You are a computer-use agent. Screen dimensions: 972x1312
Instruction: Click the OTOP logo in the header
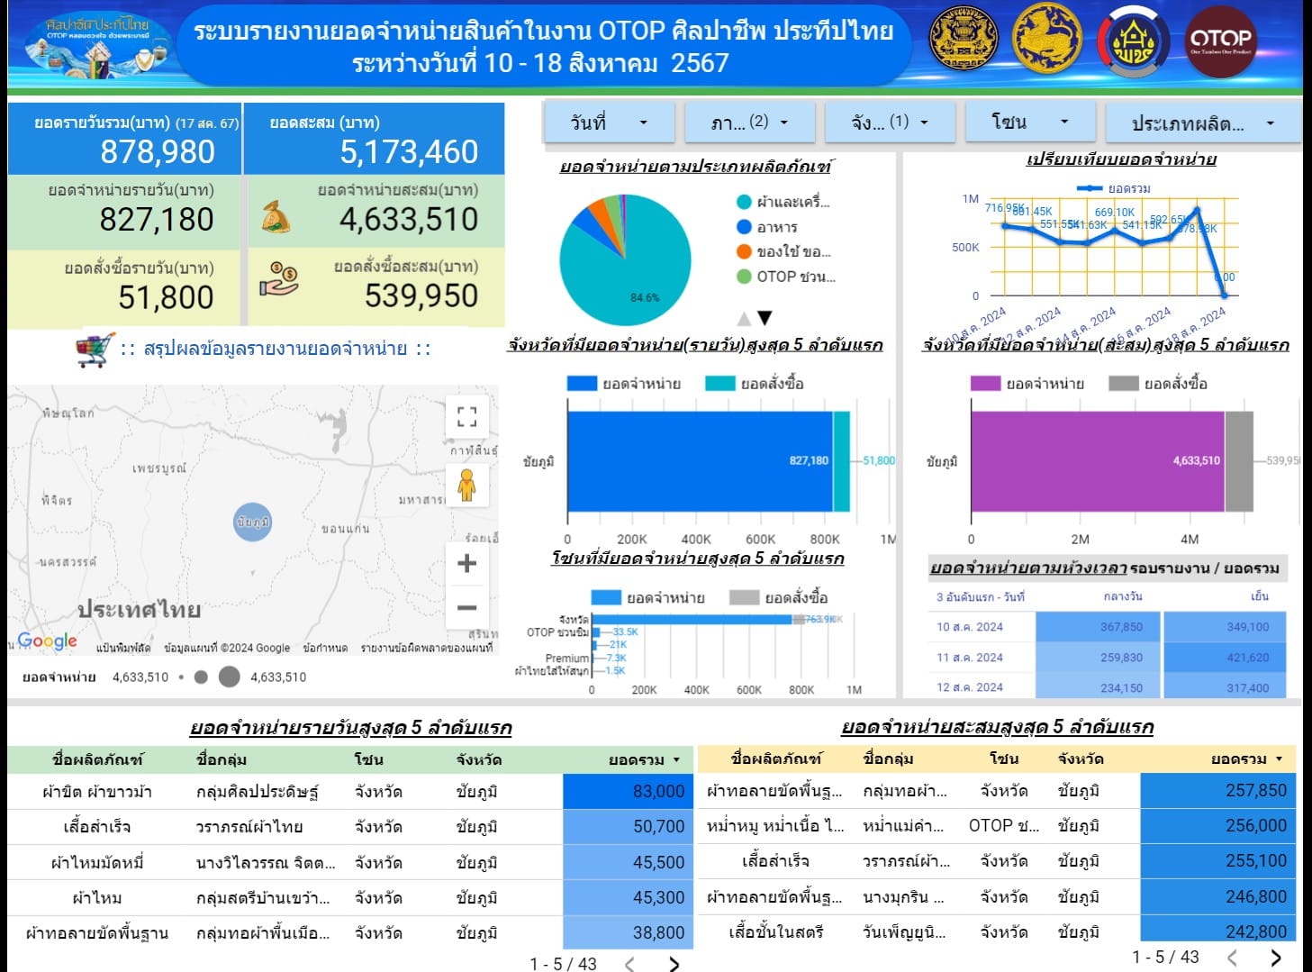coord(1220,40)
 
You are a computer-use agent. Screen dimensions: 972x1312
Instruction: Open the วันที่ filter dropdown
coord(609,123)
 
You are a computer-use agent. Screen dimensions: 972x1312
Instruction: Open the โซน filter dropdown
coord(1029,122)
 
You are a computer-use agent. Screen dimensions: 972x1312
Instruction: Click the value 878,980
coord(158,152)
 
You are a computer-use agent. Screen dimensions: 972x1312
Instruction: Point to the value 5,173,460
coord(409,152)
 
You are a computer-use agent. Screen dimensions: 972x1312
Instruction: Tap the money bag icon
coord(276,217)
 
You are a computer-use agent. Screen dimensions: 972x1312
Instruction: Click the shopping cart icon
coord(95,350)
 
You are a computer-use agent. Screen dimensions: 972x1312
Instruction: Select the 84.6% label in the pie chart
coord(645,297)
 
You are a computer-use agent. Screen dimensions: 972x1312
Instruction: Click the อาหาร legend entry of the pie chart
coord(776,227)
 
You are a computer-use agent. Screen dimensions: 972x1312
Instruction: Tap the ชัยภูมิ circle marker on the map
coord(252,522)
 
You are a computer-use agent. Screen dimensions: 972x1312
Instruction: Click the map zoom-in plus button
coord(466,564)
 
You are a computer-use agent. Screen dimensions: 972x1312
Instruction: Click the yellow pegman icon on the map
coord(466,485)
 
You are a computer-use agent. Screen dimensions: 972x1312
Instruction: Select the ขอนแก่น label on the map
coord(345,529)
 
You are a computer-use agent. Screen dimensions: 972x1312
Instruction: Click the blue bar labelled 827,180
coord(699,461)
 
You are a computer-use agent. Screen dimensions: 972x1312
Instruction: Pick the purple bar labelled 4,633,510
coord(1097,461)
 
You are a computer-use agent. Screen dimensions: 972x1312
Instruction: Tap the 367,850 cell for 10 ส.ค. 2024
coord(1121,627)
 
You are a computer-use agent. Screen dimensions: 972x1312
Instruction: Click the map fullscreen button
coord(466,416)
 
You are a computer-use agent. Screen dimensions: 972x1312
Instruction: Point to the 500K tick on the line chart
coord(965,248)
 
